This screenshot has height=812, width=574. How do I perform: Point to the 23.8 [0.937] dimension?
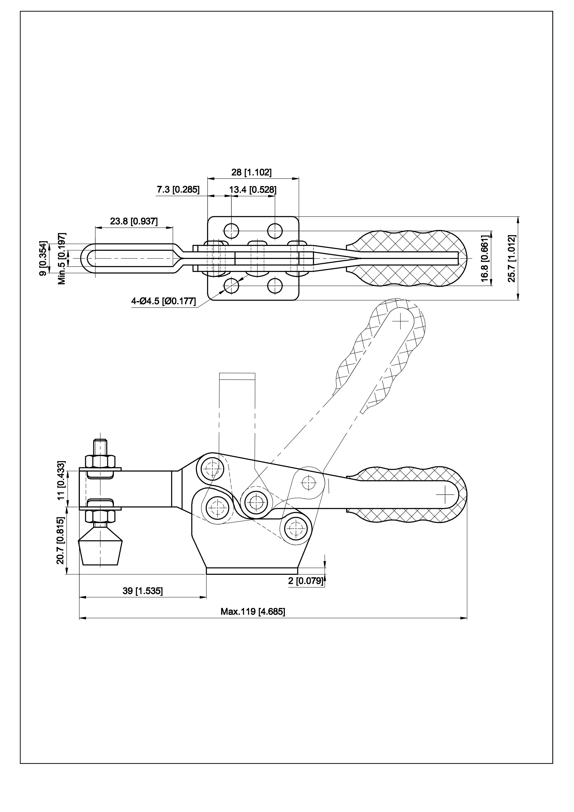click(x=134, y=221)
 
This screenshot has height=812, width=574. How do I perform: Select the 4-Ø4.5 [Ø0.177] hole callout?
click(x=163, y=301)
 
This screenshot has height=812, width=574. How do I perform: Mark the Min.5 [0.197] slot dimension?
click(x=62, y=258)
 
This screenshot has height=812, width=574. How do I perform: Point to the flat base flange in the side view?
click(x=252, y=571)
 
